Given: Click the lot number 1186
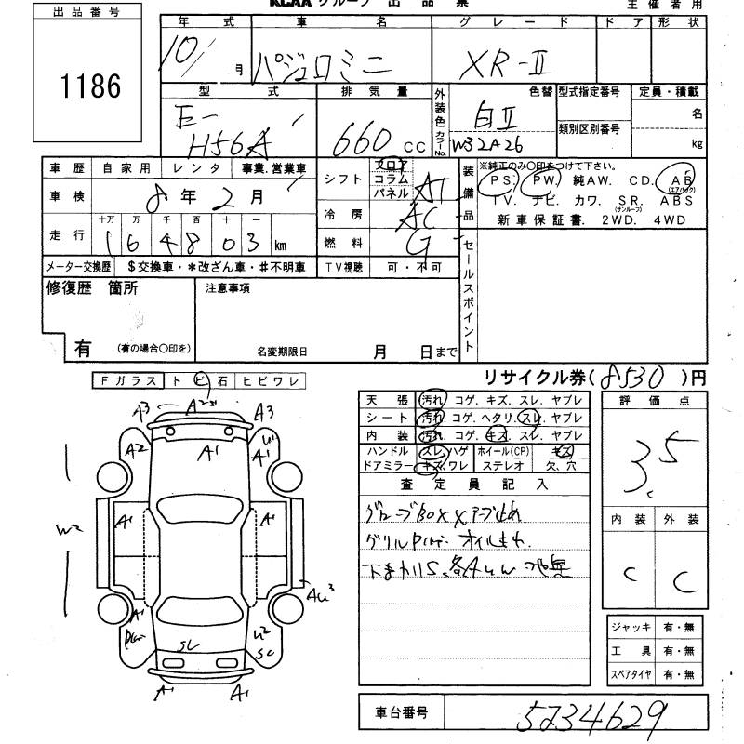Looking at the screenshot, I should tap(90, 86).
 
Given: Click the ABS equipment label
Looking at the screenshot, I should tap(676, 200).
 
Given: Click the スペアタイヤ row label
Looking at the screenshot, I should tap(631, 674).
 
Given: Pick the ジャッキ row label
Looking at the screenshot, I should tap(631, 628).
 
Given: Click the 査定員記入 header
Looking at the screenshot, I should tap(473, 484).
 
